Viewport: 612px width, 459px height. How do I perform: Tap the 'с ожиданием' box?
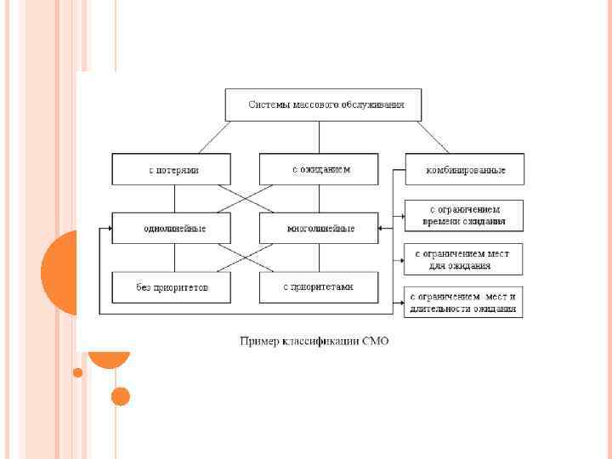(x=319, y=169)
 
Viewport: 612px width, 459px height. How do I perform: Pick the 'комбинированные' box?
(x=464, y=169)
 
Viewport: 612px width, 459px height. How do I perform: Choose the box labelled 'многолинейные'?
(x=319, y=228)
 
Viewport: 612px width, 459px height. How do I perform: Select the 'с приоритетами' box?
(x=319, y=286)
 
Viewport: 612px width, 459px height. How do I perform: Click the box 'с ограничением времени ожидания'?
(x=464, y=215)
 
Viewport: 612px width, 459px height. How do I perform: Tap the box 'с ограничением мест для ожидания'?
(x=464, y=258)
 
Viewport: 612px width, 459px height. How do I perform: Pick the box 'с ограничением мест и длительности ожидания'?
(x=464, y=302)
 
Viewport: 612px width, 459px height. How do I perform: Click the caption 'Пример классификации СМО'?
(x=314, y=342)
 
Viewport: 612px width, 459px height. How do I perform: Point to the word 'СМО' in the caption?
(x=375, y=342)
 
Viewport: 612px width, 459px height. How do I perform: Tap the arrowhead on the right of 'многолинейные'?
(x=382, y=228)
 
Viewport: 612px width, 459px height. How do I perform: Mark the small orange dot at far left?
(x=78, y=372)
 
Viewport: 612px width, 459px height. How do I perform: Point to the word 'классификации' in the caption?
(x=318, y=342)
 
